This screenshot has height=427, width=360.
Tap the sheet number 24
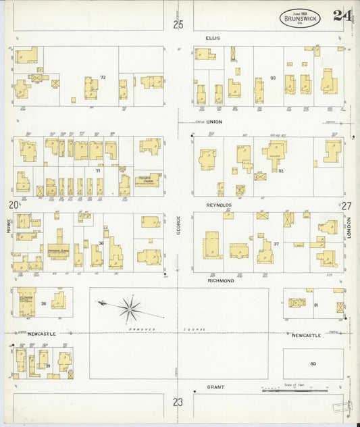click(x=341, y=16)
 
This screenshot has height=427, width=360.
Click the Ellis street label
click(x=213, y=39)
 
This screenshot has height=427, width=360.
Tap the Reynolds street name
click(x=219, y=205)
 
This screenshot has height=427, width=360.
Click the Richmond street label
click(x=223, y=280)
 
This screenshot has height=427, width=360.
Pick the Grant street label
click(x=215, y=388)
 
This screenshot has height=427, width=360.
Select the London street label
click(x=351, y=226)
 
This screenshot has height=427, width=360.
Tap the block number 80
click(x=313, y=364)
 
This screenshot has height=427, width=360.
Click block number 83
click(x=273, y=78)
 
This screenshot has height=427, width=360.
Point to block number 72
click(x=103, y=78)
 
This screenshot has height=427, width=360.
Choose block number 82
click(x=280, y=171)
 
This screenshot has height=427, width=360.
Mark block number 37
click(x=275, y=243)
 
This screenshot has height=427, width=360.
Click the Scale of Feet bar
click(x=294, y=391)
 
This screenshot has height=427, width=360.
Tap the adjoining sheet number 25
click(x=178, y=25)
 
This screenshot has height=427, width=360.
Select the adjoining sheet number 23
click(x=178, y=402)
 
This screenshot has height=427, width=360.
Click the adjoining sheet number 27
click(x=346, y=205)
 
